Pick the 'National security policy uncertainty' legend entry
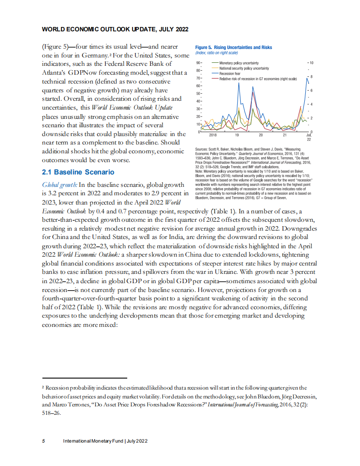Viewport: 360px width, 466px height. (x=244, y=68)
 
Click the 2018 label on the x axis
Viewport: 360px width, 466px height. (x=213, y=135)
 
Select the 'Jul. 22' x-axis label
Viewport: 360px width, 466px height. (x=309, y=137)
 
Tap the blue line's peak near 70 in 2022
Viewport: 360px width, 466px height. (x=307, y=78)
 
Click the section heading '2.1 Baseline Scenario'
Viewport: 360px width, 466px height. (x=78, y=172)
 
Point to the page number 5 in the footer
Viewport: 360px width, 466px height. (x=43, y=441)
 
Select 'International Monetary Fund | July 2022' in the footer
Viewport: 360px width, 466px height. (x=105, y=441)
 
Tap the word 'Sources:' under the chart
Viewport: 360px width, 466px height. (x=202, y=150)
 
